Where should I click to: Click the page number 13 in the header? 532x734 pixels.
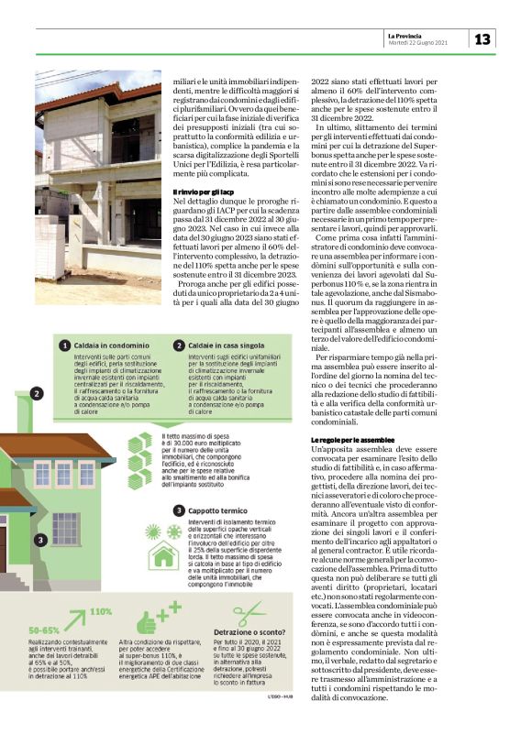[482, 38]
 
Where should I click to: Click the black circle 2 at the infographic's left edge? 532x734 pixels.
[35, 393]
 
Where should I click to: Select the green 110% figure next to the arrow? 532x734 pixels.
[100, 611]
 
